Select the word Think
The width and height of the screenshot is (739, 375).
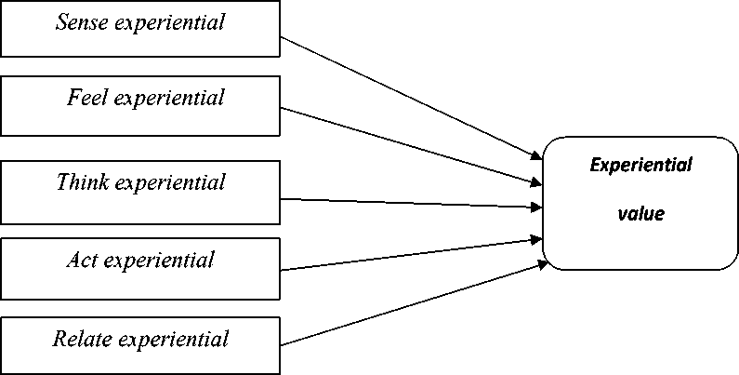coord(84,182)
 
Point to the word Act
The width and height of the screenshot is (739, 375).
coord(82,260)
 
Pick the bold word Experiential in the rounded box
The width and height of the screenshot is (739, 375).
coord(641,166)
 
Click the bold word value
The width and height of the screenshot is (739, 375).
coord(641,214)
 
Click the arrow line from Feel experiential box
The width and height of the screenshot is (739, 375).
coord(409,144)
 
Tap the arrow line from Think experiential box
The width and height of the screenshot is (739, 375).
coord(409,202)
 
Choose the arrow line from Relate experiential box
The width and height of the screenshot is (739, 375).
coord(409,306)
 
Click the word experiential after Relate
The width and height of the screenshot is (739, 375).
coord(178,339)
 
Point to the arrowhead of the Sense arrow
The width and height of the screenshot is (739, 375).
coord(537,155)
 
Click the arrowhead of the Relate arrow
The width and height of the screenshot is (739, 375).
coord(538,265)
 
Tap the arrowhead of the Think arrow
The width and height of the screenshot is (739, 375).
coord(537,206)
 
